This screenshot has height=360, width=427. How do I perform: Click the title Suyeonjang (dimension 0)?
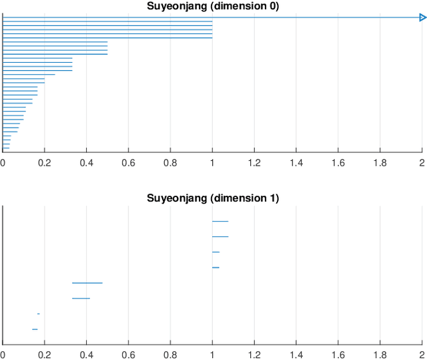[213, 6]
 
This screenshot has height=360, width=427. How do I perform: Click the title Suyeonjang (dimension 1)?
[213, 198]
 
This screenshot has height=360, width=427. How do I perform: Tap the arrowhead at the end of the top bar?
[421, 17]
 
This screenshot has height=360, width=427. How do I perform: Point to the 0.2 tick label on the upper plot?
[45, 162]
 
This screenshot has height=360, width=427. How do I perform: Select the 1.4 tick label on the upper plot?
[296, 162]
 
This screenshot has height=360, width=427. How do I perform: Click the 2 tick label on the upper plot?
[422, 162]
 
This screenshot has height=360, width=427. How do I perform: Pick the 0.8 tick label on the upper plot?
[170, 162]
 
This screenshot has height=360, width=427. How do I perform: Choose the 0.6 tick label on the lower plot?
[128, 355]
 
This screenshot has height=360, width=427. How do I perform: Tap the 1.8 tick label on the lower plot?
[380, 355]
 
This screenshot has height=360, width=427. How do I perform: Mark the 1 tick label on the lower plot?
[212, 355]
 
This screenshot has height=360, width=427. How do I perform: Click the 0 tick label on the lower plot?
[3, 355]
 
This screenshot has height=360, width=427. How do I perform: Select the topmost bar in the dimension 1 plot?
[220, 221]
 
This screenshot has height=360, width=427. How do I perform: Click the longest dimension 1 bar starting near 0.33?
[87, 283]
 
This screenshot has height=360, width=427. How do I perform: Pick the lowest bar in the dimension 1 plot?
[35, 329]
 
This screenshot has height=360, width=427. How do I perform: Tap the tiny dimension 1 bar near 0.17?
[39, 314]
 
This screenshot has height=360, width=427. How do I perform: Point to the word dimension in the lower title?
[240, 198]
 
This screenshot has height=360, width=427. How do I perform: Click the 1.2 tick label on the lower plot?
[254, 355]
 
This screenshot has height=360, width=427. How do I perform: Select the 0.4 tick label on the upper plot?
[87, 162]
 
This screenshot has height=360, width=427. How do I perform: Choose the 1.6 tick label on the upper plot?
[338, 162]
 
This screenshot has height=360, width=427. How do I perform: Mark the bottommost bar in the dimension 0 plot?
[6, 148]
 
